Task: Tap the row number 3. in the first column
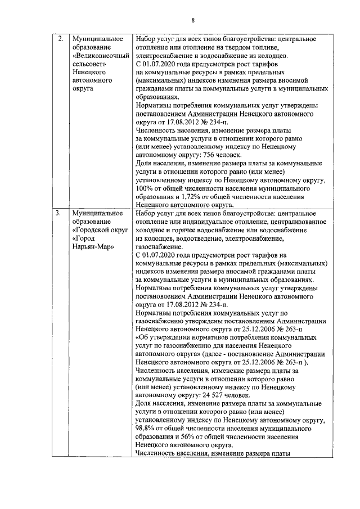[58, 214]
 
